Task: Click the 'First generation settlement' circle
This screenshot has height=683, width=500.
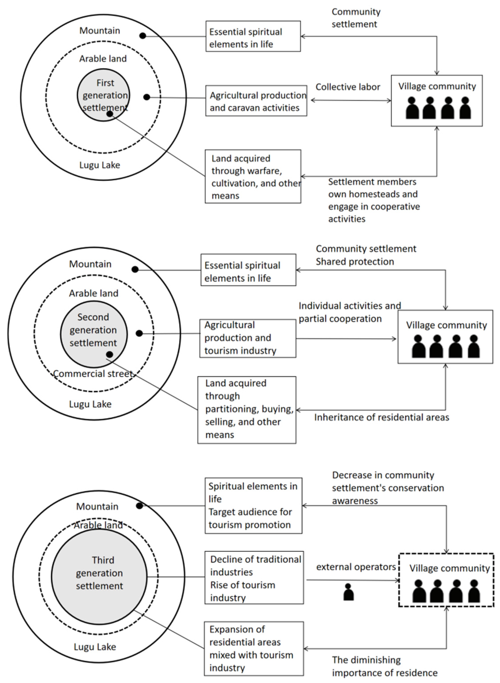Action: pyautogui.click(x=103, y=91)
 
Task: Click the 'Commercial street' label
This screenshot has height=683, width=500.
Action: pyautogui.click(x=93, y=374)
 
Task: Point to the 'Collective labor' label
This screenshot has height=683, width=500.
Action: pyautogui.click(x=348, y=87)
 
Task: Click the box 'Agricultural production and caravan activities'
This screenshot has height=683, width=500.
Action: pyautogui.click(x=256, y=101)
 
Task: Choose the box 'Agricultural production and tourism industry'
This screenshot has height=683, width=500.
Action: pyautogui.click(x=248, y=338)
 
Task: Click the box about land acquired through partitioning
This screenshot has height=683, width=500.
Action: pyautogui.click(x=247, y=410)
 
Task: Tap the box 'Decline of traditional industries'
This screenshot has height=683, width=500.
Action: pyautogui.click(x=254, y=578)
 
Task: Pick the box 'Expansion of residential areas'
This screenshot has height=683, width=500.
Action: pyautogui.click(x=254, y=648)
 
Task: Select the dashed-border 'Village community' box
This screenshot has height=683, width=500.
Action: pyautogui.click(x=446, y=580)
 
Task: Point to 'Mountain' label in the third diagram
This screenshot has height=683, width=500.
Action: pyautogui.click(x=97, y=506)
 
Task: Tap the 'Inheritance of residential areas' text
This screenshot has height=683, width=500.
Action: pyautogui.click(x=381, y=417)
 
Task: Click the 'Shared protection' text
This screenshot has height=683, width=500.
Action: pyautogui.click(x=355, y=262)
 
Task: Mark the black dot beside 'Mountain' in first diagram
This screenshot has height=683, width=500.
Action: pyautogui.click(x=142, y=36)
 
